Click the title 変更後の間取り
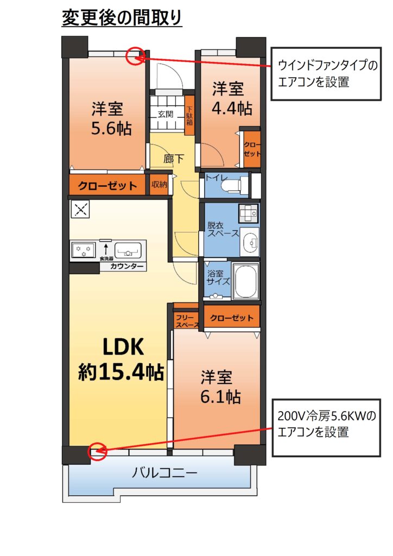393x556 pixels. pos(122,18)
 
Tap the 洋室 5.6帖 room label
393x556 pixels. pos(111,118)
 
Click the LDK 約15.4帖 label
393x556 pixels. pos(121,359)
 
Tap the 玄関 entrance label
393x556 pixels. pos(166,115)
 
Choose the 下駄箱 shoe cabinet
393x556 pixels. pos(189,116)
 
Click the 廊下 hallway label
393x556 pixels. pos(173,159)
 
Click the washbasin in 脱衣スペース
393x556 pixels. pos(250,242)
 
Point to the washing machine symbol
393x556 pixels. pos(249,212)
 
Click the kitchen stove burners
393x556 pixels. pos(83,250)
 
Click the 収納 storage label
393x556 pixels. pos(159,185)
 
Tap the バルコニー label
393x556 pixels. pos(164,473)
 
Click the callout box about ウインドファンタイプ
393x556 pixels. pos(326,74)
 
